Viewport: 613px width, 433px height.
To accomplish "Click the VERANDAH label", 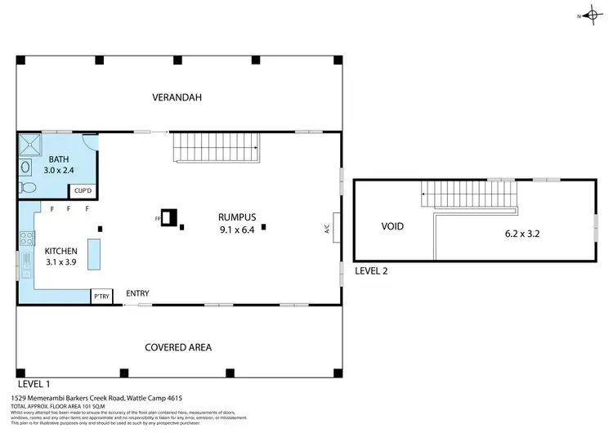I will click(x=177, y=98).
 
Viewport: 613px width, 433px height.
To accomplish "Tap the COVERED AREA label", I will click(x=177, y=347).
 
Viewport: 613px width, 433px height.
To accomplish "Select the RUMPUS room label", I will click(x=237, y=217).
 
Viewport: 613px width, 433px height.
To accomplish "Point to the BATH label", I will click(x=59, y=159).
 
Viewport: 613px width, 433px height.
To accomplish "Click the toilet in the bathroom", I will click(x=27, y=188).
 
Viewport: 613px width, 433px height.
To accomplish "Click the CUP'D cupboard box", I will click(x=83, y=191).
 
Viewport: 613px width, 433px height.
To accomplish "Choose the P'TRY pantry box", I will click(x=101, y=297).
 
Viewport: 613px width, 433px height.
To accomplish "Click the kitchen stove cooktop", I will click(x=26, y=239).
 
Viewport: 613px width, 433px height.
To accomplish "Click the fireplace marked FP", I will click(x=169, y=218).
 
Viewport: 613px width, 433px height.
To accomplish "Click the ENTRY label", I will click(x=137, y=293).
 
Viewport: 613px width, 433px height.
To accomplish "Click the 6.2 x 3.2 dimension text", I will click(x=524, y=233).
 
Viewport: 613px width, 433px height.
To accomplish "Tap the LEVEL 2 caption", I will click(x=373, y=270).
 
